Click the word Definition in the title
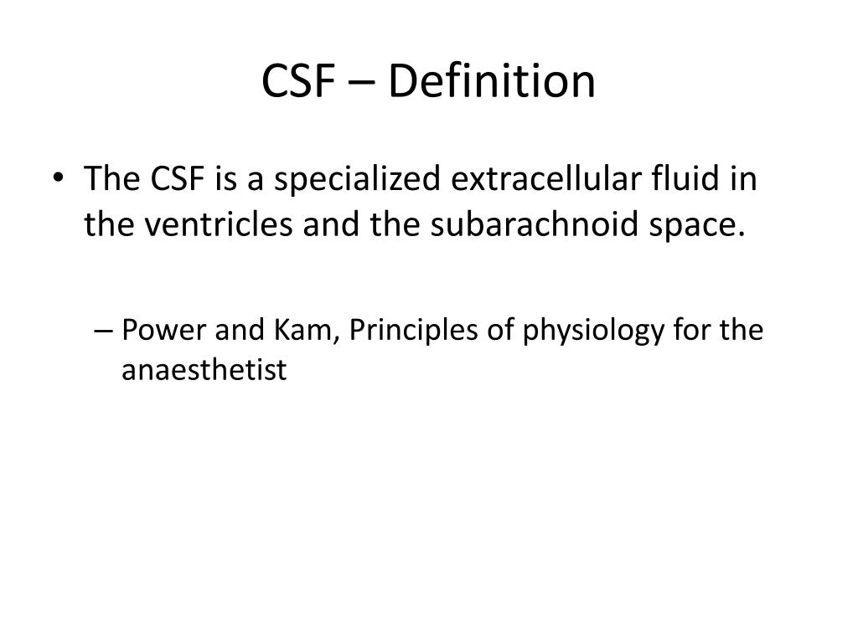tap(494, 82)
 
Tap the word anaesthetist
tap(204, 369)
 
